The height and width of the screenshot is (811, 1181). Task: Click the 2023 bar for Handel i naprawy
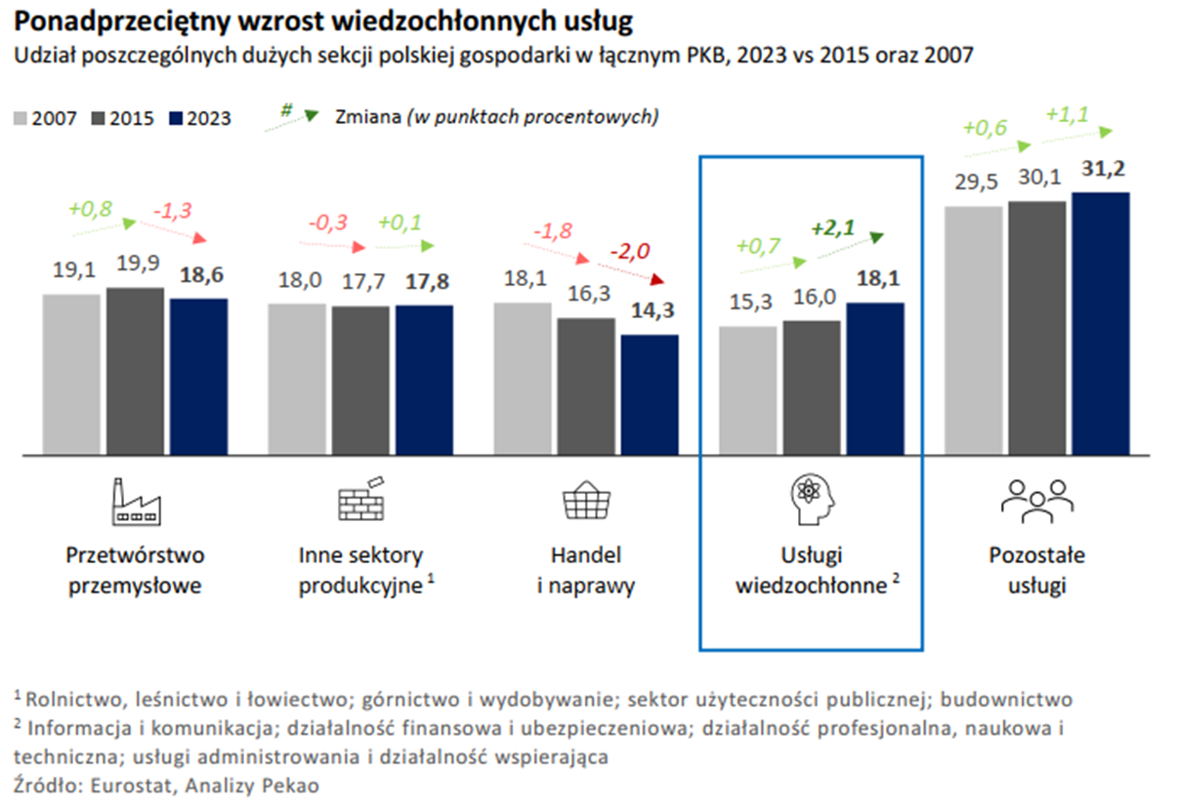click(650, 395)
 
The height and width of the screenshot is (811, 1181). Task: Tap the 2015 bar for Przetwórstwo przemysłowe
click(135, 371)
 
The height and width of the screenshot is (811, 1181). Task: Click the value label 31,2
click(1100, 170)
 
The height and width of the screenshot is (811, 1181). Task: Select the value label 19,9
click(135, 264)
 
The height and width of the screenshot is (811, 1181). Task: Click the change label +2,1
click(832, 229)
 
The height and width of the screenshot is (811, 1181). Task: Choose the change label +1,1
click(1069, 113)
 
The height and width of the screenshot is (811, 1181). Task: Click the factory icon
click(135, 500)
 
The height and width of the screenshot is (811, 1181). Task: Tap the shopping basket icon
click(585, 501)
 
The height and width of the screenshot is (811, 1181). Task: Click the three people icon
click(1036, 499)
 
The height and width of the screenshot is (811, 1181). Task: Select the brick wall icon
click(360, 499)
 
